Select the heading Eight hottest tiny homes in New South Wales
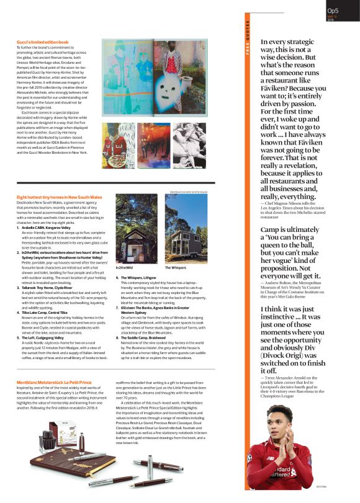60,197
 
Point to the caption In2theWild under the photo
125,267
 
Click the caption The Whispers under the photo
174,267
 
